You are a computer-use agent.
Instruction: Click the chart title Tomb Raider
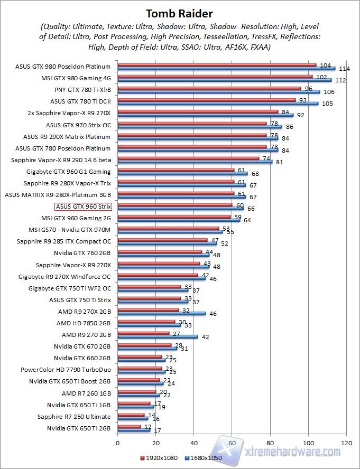point(180,13)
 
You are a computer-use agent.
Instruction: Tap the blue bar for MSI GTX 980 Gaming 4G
point(224,80)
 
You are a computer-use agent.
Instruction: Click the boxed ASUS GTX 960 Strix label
point(84,207)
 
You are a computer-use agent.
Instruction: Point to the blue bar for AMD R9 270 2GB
point(158,336)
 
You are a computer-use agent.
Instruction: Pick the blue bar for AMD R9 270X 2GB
point(161,313)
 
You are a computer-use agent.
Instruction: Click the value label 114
point(345,69)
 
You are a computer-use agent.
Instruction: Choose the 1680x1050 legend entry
point(203,457)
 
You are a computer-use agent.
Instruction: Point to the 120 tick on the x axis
point(347,442)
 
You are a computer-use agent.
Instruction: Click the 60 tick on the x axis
point(232,442)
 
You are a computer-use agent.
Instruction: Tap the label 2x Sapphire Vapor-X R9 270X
point(69,113)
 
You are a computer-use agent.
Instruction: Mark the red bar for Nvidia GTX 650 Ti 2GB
point(129,426)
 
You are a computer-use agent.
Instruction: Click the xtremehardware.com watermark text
point(294,452)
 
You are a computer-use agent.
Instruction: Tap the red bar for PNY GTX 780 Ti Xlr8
point(209,89)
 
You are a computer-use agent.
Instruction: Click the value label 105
point(327,103)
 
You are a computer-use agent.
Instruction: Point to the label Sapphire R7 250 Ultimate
point(74,416)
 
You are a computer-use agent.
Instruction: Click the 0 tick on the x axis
point(118,442)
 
